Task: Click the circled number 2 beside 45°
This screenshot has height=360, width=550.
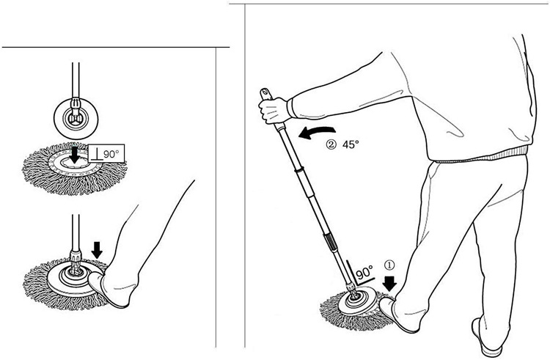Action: (331, 144)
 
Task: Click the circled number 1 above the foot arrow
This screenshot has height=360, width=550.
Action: (389, 265)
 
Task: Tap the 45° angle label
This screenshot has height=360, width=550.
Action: (351, 144)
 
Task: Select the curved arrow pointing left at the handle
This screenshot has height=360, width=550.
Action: (317, 133)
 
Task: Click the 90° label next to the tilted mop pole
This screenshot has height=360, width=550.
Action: (364, 272)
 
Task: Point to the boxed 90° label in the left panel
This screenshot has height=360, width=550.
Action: (106, 153)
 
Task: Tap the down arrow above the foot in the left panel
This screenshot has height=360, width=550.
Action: (97, 249)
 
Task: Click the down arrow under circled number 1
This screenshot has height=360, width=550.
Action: (389, 284)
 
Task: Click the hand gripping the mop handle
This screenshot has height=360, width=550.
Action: (274, 110)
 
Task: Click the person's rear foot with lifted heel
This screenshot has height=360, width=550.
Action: (485, 336)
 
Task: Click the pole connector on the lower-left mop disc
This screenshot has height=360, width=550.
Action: (75, 262)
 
